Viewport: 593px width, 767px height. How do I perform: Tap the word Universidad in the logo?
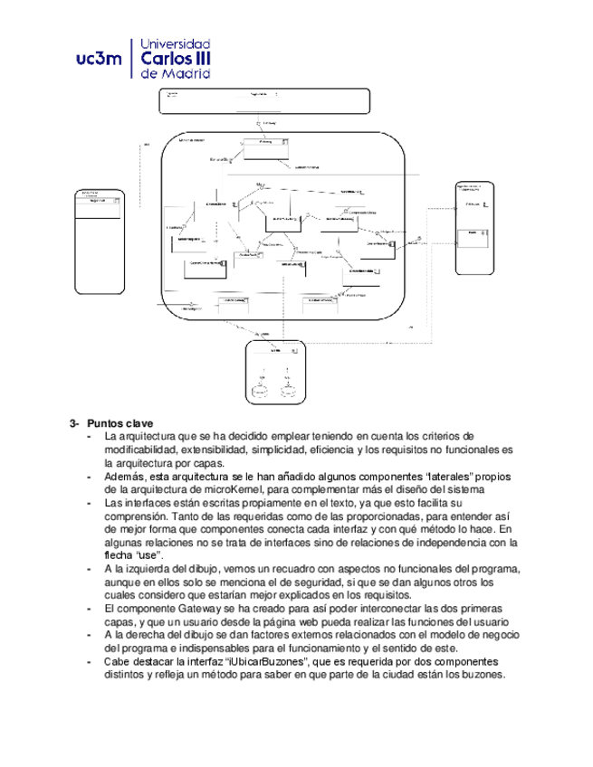pos(178,43)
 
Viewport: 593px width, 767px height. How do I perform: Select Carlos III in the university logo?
pos(177,59)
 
